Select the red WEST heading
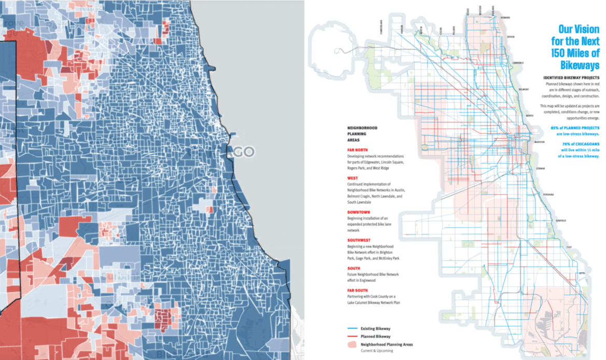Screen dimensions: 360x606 352,178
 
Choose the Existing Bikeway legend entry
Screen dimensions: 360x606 369,329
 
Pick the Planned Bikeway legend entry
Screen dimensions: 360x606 369,337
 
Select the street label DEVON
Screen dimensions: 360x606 511,37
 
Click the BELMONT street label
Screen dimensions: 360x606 524,89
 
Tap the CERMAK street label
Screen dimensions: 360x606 541,169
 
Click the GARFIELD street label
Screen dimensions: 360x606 561,220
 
